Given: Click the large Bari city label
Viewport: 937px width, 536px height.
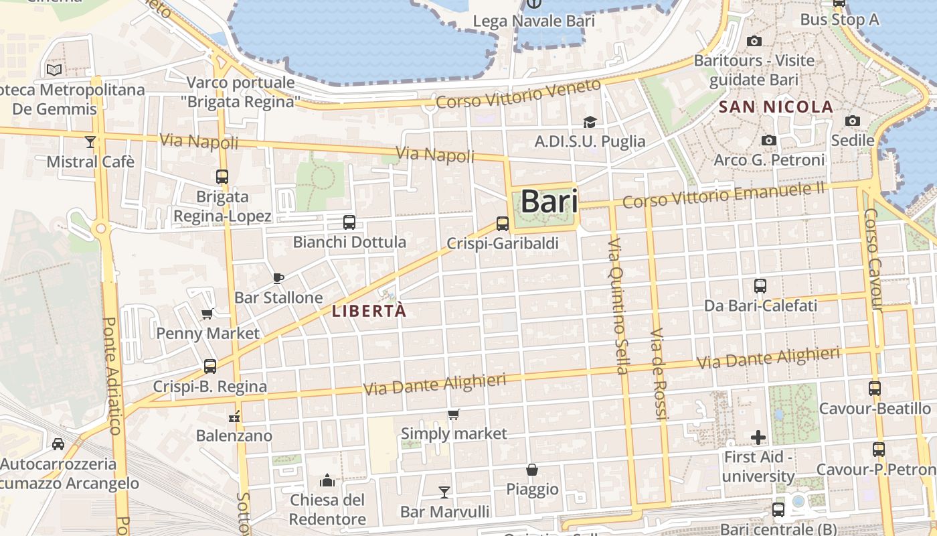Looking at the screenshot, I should [549, 201].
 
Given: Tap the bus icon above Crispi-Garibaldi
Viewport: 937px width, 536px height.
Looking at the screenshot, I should [503, 224].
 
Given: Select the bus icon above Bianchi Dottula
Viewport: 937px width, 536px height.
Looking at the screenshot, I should [349, 222].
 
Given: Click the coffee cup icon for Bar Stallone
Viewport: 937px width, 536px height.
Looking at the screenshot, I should [278, 278].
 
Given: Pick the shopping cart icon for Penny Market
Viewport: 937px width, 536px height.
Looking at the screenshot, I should [207, 314].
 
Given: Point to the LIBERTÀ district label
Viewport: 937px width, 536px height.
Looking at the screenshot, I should [369, 312].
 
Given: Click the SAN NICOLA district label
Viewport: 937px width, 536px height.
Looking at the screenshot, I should [776, 107].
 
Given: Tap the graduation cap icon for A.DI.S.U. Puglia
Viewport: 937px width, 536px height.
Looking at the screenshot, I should [590, 122].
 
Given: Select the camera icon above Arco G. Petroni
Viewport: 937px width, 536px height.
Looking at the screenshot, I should [769, 141].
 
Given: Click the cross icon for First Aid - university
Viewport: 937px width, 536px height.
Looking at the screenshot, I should [758, 438].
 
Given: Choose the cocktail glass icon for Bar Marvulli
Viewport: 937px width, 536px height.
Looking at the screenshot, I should [444, 492].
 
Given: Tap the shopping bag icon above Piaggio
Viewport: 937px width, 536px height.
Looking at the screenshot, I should [532, 470].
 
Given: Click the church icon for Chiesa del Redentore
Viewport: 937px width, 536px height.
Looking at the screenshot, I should [327, 480].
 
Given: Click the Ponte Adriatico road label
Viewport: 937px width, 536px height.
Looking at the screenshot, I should [111, 375].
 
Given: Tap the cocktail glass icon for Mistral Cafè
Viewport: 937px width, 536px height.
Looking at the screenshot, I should [90, 141].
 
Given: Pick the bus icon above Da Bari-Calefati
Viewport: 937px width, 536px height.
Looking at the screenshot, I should [760, 286].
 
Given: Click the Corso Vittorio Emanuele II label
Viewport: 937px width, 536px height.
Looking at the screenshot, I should [723, 194].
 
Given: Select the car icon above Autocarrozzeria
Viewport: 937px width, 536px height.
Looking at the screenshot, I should [58, 444].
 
